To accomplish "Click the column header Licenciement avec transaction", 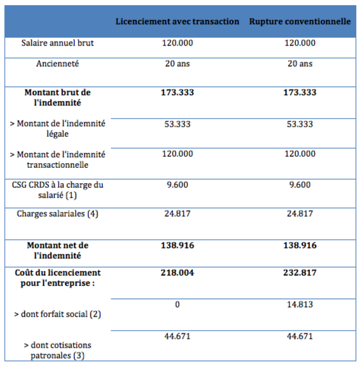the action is point(177,21).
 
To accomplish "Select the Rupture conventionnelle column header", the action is point(300,21).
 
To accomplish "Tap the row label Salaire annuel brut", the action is point(57,43).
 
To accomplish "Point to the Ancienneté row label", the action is point(57,64).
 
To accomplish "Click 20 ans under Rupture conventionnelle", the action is point(300,64).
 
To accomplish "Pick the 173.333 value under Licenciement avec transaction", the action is point(177,93).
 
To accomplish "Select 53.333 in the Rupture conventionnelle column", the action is point(300,124).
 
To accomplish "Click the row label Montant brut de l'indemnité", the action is point(57,98).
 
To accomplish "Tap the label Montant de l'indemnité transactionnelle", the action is point(57,159).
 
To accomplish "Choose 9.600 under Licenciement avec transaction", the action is point(177,185).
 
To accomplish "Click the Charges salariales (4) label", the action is point(57,214).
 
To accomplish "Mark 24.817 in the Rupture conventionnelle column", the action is point(300,213).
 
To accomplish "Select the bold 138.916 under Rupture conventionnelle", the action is point(300,245).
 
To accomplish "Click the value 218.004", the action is point(177,272).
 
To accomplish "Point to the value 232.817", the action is point(300,272).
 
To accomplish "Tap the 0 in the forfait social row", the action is point(177,305).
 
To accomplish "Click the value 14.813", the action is point(300,305).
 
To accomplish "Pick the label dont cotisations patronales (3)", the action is point(57,350).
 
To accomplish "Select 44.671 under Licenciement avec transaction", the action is point(177,336).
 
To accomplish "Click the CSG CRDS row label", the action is point(57,190).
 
